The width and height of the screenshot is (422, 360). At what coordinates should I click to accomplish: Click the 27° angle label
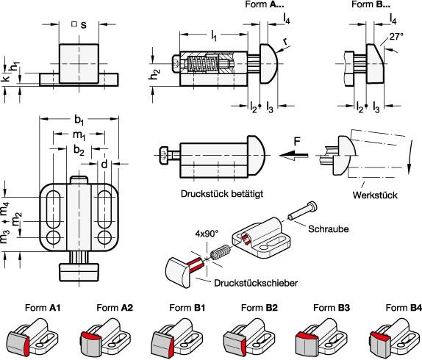[397, 36]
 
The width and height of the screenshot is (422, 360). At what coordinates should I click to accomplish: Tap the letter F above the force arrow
[297, 141]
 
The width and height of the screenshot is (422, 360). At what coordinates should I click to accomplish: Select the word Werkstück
[375, 195]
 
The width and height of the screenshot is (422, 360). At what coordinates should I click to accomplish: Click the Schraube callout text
[329, 229]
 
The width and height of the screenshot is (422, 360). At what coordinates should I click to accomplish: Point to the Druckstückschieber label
[256, 283]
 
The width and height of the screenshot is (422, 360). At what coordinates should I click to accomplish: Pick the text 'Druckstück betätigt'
[222, 194]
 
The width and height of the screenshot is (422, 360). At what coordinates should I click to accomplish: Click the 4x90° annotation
[207, 234]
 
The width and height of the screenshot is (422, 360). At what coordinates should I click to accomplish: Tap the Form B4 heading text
[404, 308]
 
